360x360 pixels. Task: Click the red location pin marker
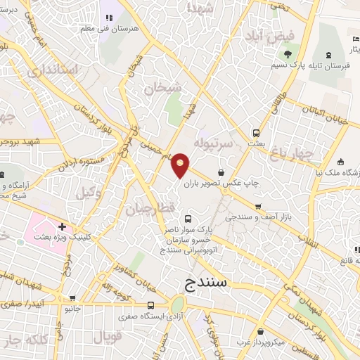[x=181, y=164]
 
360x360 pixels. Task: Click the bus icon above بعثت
[x=257, y=132]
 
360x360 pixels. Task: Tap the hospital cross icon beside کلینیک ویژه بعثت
[x=63, y=227]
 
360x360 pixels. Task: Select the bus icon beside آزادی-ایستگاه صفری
[x=151, y=306]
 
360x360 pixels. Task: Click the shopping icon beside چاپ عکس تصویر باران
[x=221, y=172]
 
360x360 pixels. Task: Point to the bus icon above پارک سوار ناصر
[x=186, y=219]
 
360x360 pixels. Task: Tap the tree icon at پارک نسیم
[x=287, y=54]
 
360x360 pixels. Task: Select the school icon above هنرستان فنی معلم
[x=108, y=16]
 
